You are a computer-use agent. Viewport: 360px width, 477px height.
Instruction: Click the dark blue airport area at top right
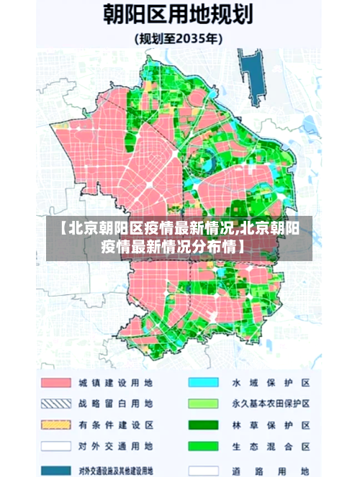click(x=253, y=72)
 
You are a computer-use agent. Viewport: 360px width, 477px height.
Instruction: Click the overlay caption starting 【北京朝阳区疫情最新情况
click(x=179, y=238)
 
